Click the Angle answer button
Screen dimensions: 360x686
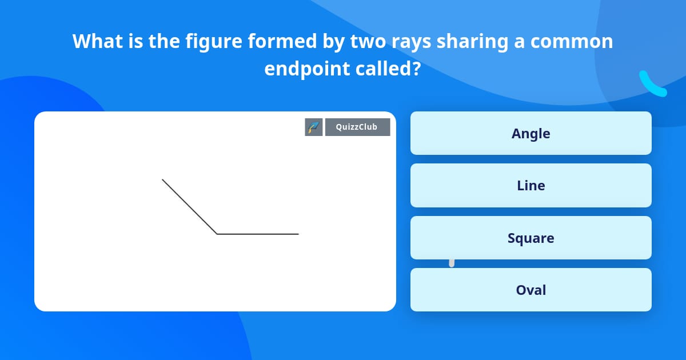click(531, 133)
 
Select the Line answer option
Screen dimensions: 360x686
click(531, 185)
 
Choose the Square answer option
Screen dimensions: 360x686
click(531, 238)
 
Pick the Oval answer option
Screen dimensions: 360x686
click(531, 290)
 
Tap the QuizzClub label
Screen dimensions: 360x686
click(357, 127)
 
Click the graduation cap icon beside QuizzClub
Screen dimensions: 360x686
click(314, 127)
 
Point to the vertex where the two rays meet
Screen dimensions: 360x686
click(217, 234)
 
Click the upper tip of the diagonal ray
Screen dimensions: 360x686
click(163, 180)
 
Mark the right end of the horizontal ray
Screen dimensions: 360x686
click(298, 234)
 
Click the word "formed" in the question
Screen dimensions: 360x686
click(257, 41)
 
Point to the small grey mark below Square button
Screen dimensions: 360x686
click(452, 263)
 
